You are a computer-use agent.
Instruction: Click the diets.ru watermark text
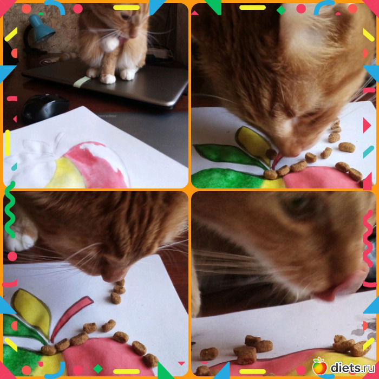[352, 368]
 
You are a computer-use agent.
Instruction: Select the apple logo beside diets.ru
[319, 366]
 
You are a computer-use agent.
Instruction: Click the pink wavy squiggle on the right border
[368, 238]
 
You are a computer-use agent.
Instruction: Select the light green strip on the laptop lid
[81, 82]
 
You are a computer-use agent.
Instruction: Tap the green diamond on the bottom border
[98, 369]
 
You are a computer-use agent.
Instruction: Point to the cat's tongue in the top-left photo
[122, 41]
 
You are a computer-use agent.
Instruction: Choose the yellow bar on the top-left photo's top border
[126, 8]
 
